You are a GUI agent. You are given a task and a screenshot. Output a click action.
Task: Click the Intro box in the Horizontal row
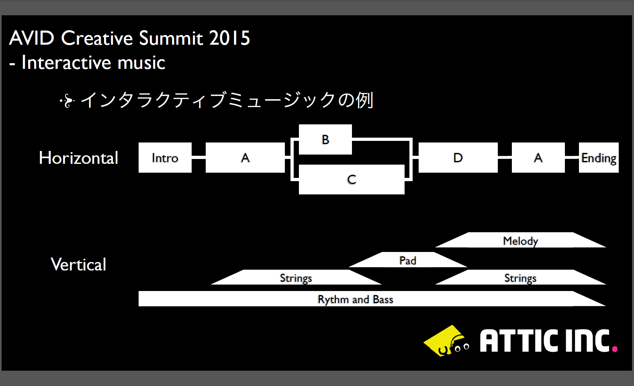(x=165, y=157)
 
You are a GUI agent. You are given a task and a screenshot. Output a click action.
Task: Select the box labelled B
(x=325, y=139)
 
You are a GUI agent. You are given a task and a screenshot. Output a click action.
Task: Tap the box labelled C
(x=352, y=180)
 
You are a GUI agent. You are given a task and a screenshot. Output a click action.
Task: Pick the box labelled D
(x=458, y=157)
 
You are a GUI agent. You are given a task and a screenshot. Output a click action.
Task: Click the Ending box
(x=599, y=157)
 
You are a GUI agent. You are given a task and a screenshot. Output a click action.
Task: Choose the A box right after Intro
(x=245, y=157)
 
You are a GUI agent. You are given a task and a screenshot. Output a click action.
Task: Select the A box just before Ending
(x=538, y=157)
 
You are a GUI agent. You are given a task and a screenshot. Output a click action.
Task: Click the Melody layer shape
(x=521, y=240)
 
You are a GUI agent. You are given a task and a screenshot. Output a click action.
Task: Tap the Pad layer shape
(x=408, y=260)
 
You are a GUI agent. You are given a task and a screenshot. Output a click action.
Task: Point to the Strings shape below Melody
(x=521, y=277)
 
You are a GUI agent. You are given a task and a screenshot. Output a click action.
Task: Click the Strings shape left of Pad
(x=296, y=277)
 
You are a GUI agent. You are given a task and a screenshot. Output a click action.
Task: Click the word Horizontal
(x=78, y=158)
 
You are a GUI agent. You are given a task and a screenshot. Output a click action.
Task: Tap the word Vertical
(x=78, y=264)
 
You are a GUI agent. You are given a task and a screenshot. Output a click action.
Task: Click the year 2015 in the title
(x=229, y=38)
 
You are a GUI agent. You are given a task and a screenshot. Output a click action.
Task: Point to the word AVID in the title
(x=31, y=38)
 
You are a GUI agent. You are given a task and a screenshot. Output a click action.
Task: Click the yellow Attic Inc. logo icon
(x=446, y=341)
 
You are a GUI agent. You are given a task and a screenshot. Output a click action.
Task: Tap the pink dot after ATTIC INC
(x=615, y=349)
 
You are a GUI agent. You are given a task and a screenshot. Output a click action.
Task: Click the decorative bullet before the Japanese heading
(x=67, y=101)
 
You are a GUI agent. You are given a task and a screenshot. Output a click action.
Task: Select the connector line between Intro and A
(x=199, y=157)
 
